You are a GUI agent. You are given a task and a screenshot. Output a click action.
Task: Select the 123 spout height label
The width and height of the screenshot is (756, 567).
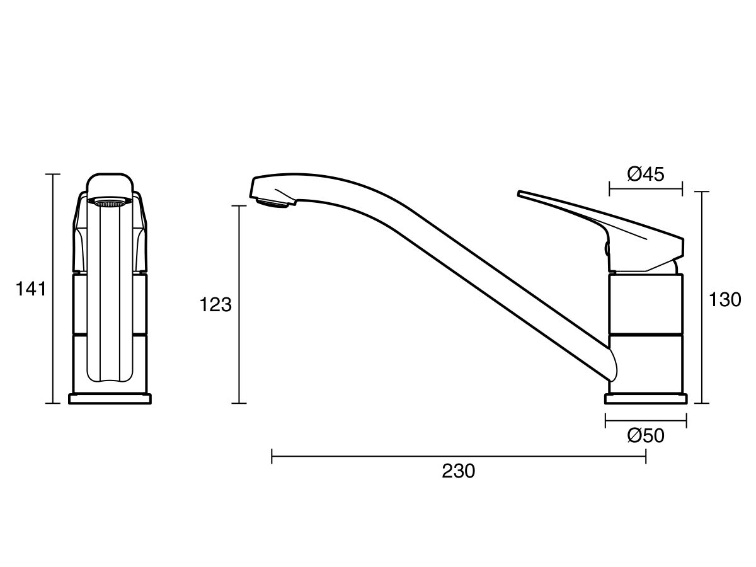[x=216, y=305]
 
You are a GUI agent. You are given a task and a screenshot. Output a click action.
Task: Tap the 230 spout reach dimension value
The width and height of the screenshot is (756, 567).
[x=458, y=471]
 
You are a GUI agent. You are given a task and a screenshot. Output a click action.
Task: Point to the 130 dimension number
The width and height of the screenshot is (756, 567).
[x=724, y=300]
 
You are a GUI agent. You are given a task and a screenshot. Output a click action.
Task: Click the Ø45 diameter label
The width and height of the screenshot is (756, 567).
[x=646, y=174]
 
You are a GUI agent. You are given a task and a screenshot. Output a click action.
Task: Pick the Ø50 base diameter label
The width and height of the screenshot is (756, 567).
[x=646, y=435]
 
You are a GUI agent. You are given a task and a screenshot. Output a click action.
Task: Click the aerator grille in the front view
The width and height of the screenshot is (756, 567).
[x=110, y=202]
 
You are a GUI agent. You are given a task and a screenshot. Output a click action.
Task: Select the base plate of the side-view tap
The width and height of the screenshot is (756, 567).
[x=646, y=399]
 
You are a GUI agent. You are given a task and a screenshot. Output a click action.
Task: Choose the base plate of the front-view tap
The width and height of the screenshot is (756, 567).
[x=110, y=399]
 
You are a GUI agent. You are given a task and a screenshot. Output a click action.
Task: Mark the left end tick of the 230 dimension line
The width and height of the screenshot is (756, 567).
[x=272, y=456]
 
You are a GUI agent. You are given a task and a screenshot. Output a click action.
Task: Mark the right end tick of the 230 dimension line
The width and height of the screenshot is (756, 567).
[x=646, y=456]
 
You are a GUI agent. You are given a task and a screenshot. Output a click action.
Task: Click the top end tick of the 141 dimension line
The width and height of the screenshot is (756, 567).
[x=52, y=174]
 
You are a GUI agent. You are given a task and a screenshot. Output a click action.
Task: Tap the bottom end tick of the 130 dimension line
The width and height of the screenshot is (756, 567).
[x=702, y=403]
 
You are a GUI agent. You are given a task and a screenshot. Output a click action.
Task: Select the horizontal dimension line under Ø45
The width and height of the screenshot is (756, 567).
[x=646, y=188]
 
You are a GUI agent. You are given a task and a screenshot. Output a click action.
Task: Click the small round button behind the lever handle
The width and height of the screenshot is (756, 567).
[x=608, y=249]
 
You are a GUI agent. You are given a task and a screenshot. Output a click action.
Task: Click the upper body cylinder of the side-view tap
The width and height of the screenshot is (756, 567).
[x=646, y=302]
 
